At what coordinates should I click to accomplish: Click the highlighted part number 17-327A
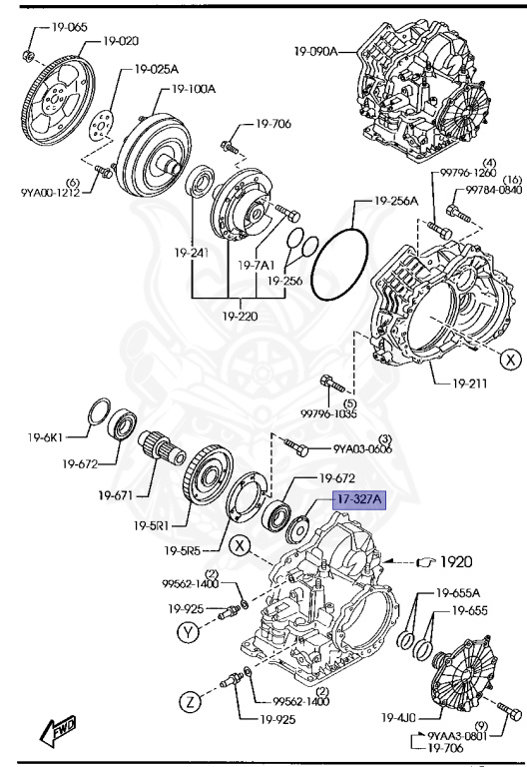point(357,499)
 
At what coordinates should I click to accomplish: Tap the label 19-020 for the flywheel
point(121,41)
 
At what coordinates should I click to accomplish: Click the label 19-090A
point(316,50)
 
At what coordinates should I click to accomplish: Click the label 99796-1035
point(328,412)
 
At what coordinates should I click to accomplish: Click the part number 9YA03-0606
point(362,448)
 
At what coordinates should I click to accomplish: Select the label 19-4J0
point(398,716)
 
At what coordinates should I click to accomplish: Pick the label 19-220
point(242,316)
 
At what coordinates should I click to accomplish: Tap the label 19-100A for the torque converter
point(194,88)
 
